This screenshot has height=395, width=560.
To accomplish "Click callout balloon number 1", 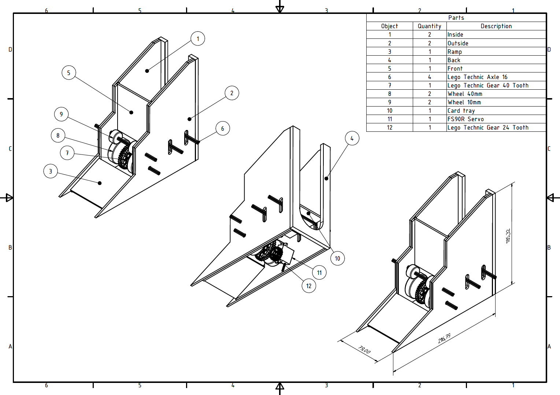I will click(x=198, y=38).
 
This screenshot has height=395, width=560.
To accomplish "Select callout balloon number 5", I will click(x=68, y=73).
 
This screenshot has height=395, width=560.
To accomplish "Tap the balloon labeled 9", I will click(x=61, y=114).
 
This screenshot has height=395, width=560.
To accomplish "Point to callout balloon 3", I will click(x=51, y=171).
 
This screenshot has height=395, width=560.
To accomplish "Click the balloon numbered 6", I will click(x=223, y=128).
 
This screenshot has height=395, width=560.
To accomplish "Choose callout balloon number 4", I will click(x=352, y=138).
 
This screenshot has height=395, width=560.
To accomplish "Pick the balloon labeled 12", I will click(x=309, y=286).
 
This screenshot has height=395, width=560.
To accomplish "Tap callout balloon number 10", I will click(x=337, y=258).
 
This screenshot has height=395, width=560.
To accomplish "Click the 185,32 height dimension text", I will click(x=508, y=236).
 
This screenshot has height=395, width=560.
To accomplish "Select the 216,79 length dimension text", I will click(x=444, y=338).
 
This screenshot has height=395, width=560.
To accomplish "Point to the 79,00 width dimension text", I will click(x=364, y=350).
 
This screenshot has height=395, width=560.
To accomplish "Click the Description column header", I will click(x=496, y=26).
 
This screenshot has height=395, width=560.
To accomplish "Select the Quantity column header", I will click(x=429, y=26).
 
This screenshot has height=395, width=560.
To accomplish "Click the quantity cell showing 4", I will click(x=429, y=77).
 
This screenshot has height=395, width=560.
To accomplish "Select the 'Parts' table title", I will click(x=456, y=18).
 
